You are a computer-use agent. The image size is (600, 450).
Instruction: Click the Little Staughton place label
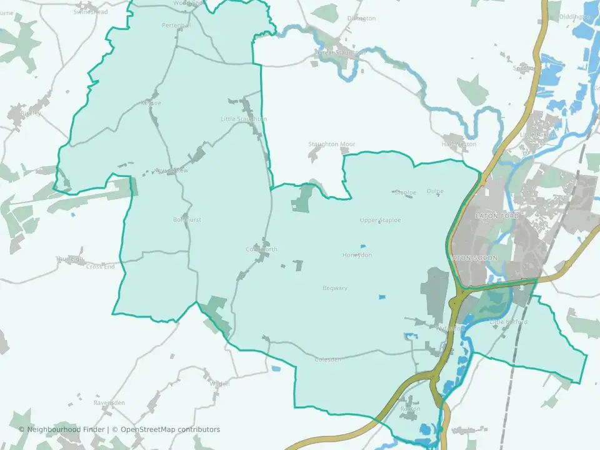(x=244, y=119)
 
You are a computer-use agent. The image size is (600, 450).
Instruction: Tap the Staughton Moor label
(x=331, y=144)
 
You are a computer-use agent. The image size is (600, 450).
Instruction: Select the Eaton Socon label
(x=474, y=257)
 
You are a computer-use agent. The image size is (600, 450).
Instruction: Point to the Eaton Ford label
(x=497, y=216)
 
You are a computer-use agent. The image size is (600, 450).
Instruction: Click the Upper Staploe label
(x=380, y=220)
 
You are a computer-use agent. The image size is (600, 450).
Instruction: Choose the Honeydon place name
(x=357, y=255)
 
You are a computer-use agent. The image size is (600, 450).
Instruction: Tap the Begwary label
(x=334, y=288)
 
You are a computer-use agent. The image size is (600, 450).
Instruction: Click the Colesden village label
(x=328, y=359)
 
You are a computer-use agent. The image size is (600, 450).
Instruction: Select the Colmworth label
(x=261, y=249)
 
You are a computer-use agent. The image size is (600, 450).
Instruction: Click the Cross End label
(x=101, y=267)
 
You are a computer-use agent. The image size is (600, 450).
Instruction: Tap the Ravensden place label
(x=109, y=402)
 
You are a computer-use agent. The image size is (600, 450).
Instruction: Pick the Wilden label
(x=219, y=384)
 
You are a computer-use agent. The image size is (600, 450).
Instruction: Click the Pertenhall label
(x=176, y=25)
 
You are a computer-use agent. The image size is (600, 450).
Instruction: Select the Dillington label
(x=361, y=19)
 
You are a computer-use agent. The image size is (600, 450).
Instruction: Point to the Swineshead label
(x=90, y=12)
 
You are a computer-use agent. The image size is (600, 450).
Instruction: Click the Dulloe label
(x=434, y=191)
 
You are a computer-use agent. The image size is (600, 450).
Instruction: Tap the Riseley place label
(x=29, y=114)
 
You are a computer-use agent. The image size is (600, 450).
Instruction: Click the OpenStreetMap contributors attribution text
(x=170, y=429)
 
